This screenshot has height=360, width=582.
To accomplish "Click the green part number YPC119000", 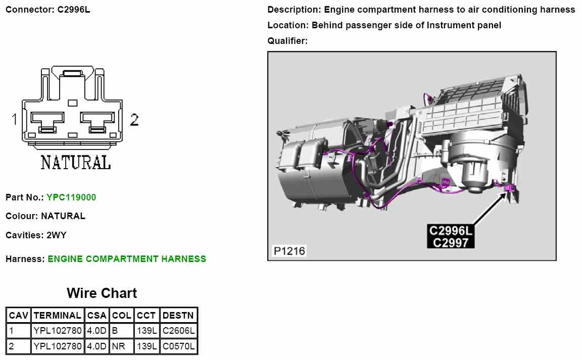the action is (x=71, y=197).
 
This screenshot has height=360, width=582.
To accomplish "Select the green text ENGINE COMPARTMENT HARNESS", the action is (x=127, y=259).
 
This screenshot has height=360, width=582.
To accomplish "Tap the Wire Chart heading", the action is (x=102, y=293).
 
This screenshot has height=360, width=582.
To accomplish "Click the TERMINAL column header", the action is (x=58, y=316).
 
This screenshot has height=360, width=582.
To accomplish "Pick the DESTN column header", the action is (x=178, y=316).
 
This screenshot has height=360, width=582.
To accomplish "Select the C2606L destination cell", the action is (x=178, y=331).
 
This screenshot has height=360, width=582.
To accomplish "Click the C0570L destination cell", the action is (x=178, y=346).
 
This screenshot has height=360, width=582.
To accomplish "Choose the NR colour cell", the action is (x=121, y=346).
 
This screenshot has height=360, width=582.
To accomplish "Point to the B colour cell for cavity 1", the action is (x=121, y=331).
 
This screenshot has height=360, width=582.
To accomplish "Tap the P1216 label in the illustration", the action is (x=289, y=251).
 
